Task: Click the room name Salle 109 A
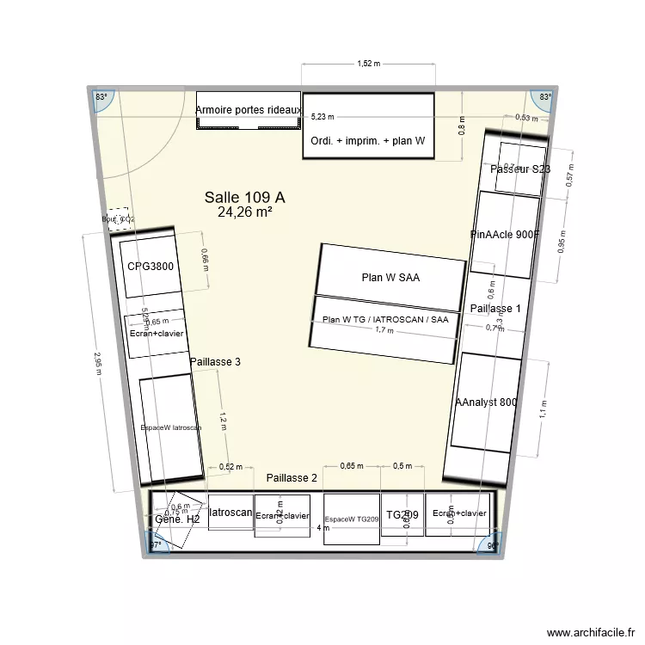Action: (x=244, y=197)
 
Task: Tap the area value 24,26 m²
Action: (x=244, y=212)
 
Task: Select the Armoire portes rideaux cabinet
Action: (x=248, y=111)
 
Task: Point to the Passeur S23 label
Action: (x=519, y=169)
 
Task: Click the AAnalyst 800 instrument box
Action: (x=486, y=402)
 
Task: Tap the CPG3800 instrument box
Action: (x=151, y=267)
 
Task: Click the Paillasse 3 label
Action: (x=214, y=362)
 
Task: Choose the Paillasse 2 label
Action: (x=292, y=477)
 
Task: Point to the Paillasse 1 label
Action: (x=495, y=308)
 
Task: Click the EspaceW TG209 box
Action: (x=351, y=519)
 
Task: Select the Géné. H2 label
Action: (x=177, y=519)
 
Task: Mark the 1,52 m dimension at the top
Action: (x=368, y=64)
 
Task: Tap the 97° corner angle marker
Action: (x=156, y=545)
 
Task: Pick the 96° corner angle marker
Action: (x=493, y=545)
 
